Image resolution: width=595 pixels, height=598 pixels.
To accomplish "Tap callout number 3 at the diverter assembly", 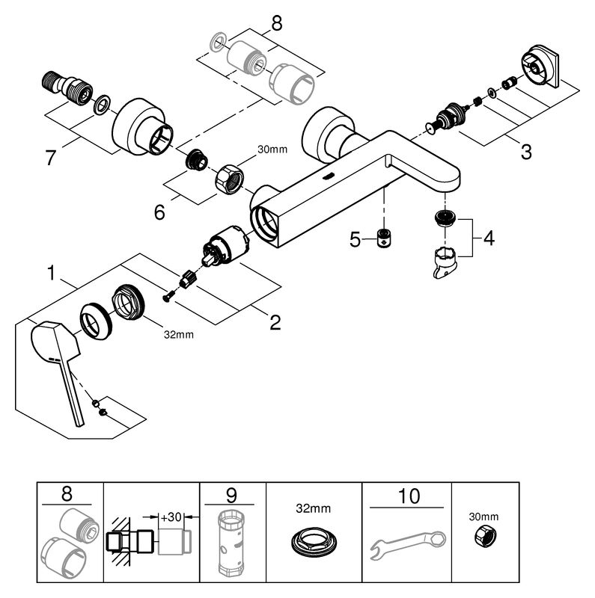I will (x=525, y=152).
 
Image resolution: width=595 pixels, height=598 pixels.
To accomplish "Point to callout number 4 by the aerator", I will (x=488, y=238).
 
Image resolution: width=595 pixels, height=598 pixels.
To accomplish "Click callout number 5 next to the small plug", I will (x=356, y=239).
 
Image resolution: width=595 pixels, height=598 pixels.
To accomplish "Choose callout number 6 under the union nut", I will (x=159, y=212).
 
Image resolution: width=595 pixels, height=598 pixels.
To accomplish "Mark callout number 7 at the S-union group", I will (x=51, y=157).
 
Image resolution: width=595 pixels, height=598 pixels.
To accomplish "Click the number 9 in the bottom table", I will (x=233, y=496).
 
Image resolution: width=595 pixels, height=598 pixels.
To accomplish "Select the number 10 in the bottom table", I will (x=409, y=496).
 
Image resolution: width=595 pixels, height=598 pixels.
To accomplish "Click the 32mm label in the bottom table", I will (x=314, y=509).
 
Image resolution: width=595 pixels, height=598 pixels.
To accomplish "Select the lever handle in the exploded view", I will (x=57, y=359).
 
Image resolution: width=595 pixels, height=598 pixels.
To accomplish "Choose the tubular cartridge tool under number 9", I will (x=232, y=544).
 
